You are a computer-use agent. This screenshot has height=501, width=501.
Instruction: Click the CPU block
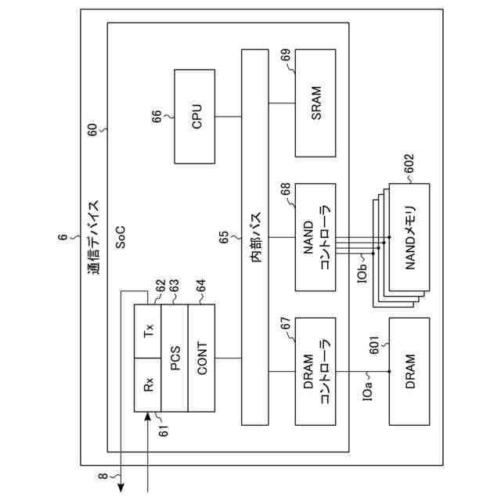[194, 116]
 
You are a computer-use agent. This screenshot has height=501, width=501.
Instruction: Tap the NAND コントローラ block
[315, 238]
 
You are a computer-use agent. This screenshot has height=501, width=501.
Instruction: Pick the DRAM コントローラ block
[315, 371]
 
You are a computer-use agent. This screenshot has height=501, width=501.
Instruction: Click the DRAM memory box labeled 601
[409, 371]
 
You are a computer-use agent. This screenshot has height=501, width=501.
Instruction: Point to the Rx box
[148, 384]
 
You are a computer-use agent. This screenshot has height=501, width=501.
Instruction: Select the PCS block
[175, 358]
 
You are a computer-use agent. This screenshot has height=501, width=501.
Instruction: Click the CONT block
[202, 358]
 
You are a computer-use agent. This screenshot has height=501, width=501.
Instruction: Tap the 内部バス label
[254, 238]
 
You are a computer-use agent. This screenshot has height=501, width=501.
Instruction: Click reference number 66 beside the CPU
[157, 116]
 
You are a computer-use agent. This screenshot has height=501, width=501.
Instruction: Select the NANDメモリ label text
[409, 238]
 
